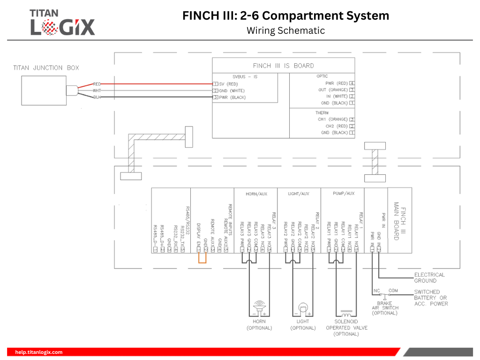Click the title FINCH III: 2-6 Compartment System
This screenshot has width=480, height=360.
click(285, 15)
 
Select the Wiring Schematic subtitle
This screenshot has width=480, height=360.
click(285, 30)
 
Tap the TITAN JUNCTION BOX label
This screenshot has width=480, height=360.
click(46, 68)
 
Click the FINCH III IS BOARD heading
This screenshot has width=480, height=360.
click(283, 66)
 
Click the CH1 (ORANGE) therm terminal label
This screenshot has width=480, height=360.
click(332, 120)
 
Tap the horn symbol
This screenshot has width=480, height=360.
click(259, 307)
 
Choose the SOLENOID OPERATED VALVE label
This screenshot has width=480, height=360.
click(346, 328)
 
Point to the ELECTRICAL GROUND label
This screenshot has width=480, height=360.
click(429, 277)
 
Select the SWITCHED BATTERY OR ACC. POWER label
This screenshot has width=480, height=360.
click(430, 298)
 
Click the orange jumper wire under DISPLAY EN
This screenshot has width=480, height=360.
click(202, 259)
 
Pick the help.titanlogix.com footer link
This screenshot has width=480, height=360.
click(39, 352)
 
